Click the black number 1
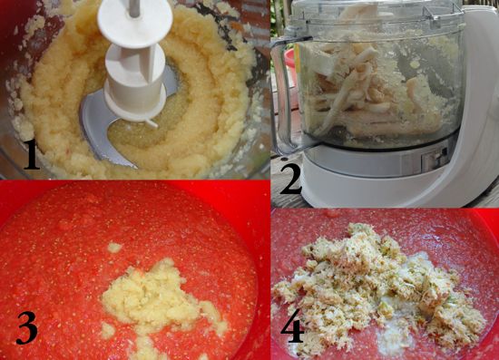(32, 154)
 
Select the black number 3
(27, 328)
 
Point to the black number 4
(292, 326)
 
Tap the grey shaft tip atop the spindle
(134, 8)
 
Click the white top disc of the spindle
(135, 24)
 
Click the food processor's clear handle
(283, 95)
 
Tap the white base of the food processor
(366, 181)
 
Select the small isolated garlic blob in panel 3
(114, 248)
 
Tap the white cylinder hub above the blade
(135, 83)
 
